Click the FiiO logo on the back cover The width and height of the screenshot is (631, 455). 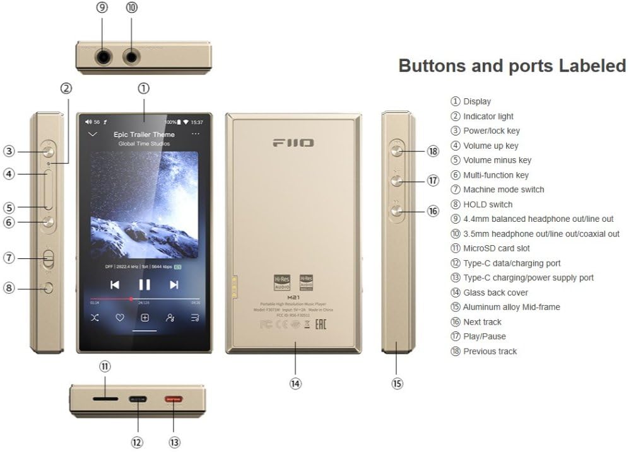[x=293, y=143]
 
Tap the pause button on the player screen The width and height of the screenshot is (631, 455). [x=144, y=285]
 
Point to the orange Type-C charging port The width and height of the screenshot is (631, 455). [x=173, y=399]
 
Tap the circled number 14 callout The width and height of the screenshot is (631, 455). [x=295, y=383]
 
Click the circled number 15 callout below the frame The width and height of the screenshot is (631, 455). [x=397, y=383]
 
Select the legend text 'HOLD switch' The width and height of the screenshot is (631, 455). [x=488, y=204]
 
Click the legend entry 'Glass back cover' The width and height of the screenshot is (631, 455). [x=495, y=292]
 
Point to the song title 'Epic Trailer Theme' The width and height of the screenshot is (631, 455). [x=144, y=134]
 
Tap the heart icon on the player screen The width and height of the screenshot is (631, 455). [x=119, y=318]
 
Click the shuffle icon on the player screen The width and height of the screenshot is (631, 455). [x=94, y=318]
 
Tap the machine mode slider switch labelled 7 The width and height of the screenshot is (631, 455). [x=49, y=258]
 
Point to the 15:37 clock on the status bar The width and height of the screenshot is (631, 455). [x=197, y=122]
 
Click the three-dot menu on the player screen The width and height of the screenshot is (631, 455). [x=196, y=134]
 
